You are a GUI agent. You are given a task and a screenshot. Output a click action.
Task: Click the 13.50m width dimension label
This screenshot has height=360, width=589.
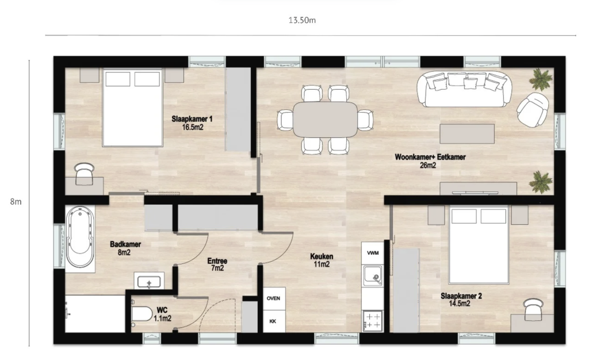(302, 20)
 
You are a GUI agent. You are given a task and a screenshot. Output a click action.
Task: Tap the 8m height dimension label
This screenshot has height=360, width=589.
(16, 202)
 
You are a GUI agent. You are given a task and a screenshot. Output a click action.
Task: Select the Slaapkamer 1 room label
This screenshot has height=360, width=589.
(192, 119)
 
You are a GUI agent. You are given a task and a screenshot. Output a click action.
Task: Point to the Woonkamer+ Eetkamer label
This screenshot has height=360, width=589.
(430, 157)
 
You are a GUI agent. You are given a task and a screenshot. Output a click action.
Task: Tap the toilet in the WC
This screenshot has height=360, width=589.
(141, 314)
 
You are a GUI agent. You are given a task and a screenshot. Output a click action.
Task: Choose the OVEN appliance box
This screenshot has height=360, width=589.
(274, 298)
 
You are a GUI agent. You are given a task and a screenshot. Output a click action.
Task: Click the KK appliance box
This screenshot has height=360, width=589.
(274, 321)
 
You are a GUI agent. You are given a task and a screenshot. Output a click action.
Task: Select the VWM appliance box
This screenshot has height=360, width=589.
(373, 253)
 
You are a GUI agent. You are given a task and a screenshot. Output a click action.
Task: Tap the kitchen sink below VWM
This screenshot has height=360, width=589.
(373, 276)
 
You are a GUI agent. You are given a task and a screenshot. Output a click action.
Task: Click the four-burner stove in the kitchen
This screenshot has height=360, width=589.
(373, 321)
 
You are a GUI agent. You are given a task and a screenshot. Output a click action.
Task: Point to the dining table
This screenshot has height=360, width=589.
(326, 120)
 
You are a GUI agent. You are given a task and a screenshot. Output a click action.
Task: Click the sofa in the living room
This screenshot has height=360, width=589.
(464, 89)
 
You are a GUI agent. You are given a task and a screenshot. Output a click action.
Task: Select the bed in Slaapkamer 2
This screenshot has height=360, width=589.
(479, 244)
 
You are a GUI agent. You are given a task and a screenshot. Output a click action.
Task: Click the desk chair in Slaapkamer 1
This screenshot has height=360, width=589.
(84, 174)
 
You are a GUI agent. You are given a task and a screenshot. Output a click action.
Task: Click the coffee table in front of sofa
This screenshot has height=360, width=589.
(467, 133)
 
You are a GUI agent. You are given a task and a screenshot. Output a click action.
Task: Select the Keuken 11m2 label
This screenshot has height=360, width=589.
(322, 260)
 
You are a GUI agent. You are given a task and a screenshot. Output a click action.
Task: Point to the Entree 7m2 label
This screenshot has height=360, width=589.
(217, 265)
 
